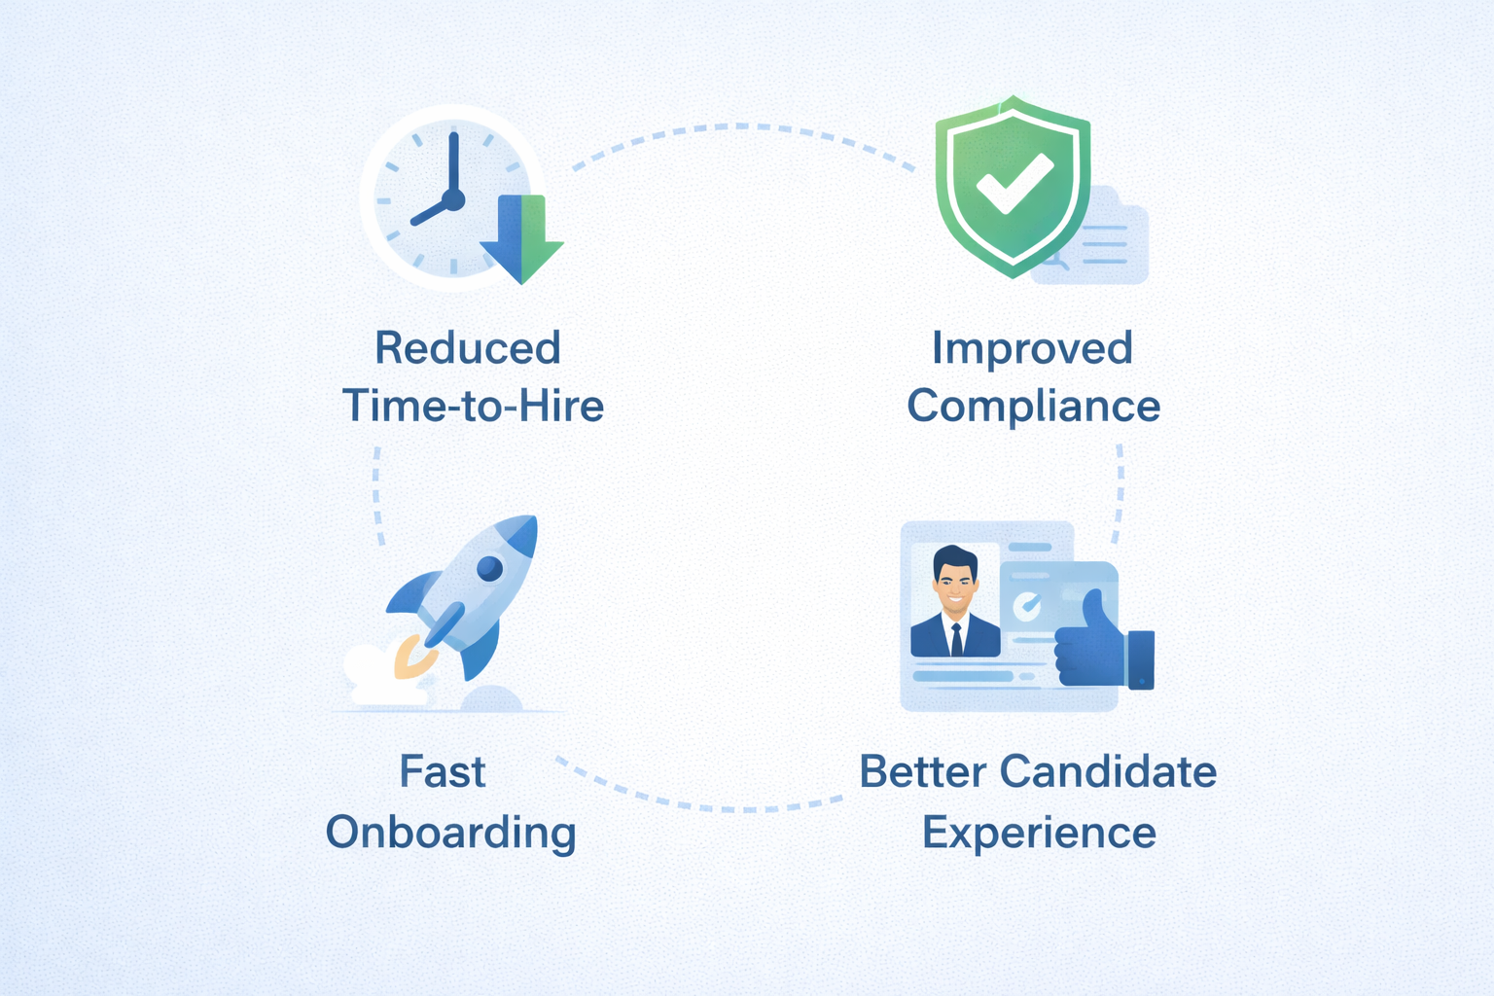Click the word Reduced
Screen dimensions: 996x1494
(468, 348)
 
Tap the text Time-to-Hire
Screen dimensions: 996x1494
(473, 406)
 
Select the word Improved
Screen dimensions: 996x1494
(1032, 348)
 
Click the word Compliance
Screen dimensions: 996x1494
(1033, 406)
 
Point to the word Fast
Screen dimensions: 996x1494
(442, 772)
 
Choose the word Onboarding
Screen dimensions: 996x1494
(450, 833)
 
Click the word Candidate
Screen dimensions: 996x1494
(1108, 772)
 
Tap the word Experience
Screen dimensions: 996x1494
(1039, 833)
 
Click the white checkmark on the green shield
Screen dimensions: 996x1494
(1014, 184)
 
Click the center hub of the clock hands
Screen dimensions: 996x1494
(453, 200)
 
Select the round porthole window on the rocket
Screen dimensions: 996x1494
(489, 568)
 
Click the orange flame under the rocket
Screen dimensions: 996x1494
(409, 658)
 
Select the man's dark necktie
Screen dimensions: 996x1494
(956, 640)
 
